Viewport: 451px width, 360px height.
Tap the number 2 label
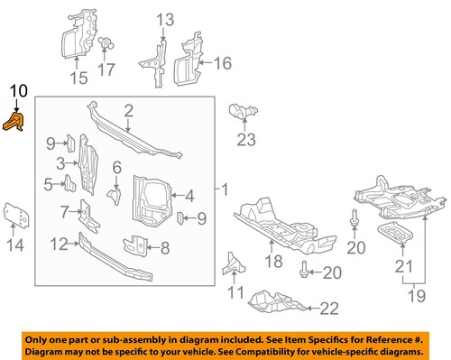tap(129, 111)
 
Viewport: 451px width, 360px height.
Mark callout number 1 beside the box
tap(226, 191)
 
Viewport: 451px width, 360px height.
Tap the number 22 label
tap(329, 309)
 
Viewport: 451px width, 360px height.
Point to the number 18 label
tap(271, 261)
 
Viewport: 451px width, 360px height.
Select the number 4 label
tap(189, 195)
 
